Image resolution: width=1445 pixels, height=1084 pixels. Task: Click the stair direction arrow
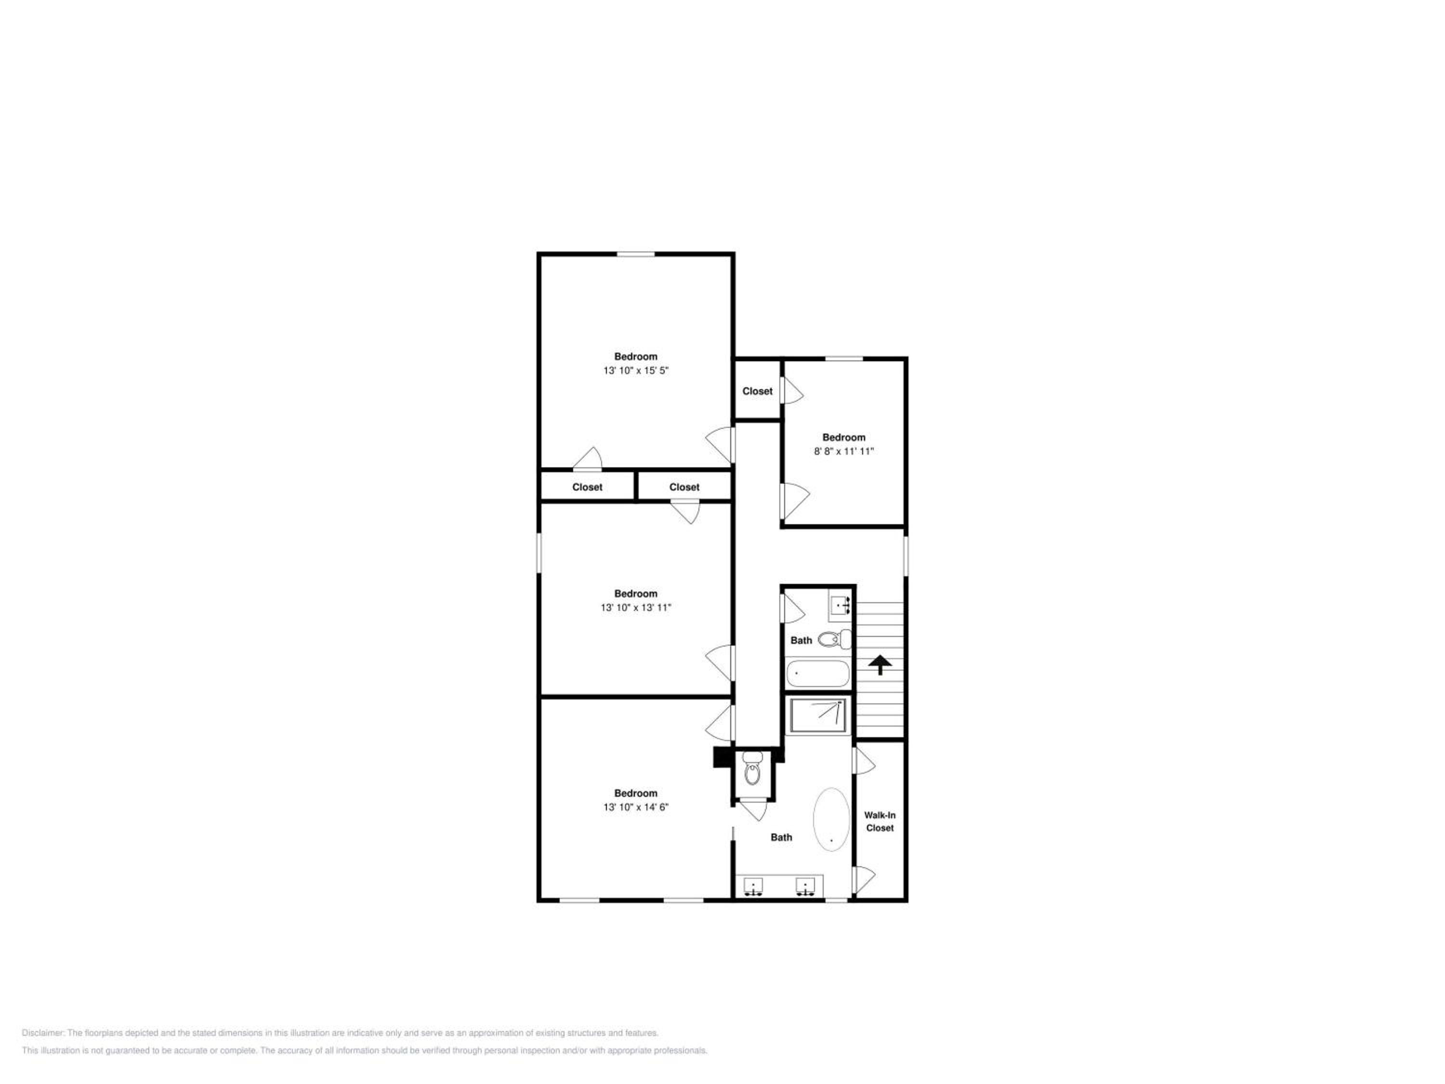[880, 664]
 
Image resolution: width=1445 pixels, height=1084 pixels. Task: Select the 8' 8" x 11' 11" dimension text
[843, 451]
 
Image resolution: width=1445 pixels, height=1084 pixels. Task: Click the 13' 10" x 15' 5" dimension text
[636, 370]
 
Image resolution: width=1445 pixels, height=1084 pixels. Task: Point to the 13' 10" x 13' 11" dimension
[636, 607]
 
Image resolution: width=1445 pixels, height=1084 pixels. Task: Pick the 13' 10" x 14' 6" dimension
[636, 807]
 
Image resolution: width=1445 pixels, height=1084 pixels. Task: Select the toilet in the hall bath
[835, 638]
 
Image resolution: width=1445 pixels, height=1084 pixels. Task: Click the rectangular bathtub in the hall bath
[818, 673]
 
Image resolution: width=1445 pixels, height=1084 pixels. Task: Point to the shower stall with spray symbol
[818, 715]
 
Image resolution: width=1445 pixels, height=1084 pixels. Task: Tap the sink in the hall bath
[840, 606]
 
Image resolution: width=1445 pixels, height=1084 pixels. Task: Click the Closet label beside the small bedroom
[757, 391]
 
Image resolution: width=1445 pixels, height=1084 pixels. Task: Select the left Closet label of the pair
[587, 487]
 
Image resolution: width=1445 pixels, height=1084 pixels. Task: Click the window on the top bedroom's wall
[636, 254]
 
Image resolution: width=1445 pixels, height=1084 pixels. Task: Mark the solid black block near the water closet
[723, 757]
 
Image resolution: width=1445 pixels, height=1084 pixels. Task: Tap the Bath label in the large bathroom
[781, 837]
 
